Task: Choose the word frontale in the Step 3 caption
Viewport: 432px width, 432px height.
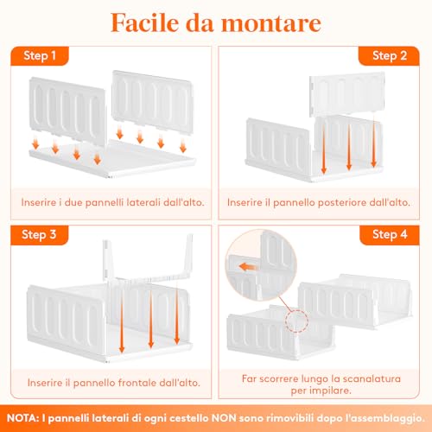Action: [x=124, y=381]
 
